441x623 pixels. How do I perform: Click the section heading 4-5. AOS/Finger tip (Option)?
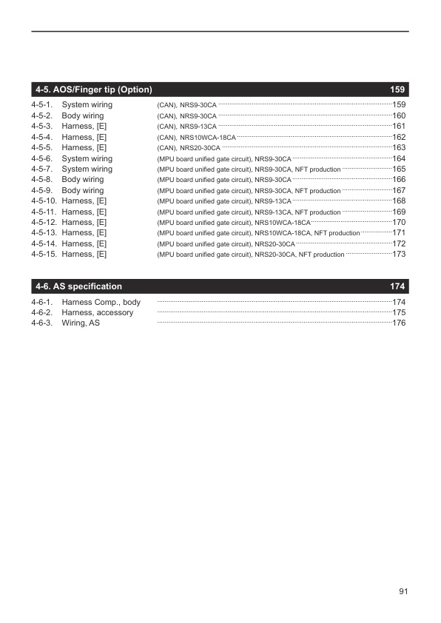click(x=93, y=90)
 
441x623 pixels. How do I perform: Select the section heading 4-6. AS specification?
click(x=78, y=286)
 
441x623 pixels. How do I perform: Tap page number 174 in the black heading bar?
click(x=397, y=286)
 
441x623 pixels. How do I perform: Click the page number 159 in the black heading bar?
click(x=397, y=90)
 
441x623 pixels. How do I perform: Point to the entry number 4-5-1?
click(x=41, y=105)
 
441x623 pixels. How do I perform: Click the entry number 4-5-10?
click(x=44, y=201)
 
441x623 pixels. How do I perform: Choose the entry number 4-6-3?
click(x=41, y=323)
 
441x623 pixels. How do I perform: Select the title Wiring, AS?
click(x=81, y=323)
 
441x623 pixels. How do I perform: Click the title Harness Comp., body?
click(x=101, y=303)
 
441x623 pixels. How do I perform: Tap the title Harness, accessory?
click(x=98, y=313)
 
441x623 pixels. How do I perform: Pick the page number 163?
click(x=399, y=148)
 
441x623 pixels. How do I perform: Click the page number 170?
click(x=399, y=222)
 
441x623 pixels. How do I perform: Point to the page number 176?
click(x=399, y=323)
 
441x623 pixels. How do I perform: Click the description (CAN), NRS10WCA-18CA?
click(x=197, y=138)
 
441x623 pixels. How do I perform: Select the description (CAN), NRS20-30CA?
click(x=189, y=148)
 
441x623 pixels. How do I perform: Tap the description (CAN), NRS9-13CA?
click(x=187, y=127)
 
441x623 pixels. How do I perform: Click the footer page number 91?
click(x=403, y=591)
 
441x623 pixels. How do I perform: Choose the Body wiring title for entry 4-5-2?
click(x=83, y=116)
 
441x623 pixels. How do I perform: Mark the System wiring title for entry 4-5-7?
click(x=87, y=169)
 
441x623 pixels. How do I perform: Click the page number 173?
click(x=399, y=255)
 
